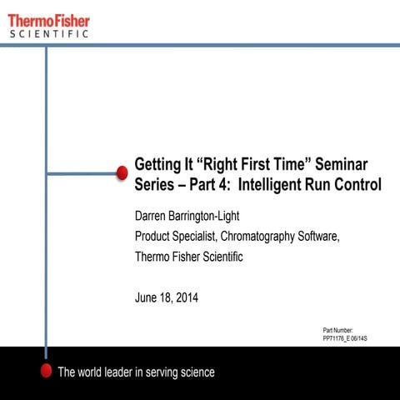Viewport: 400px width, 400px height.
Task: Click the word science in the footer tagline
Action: [192, 372]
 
